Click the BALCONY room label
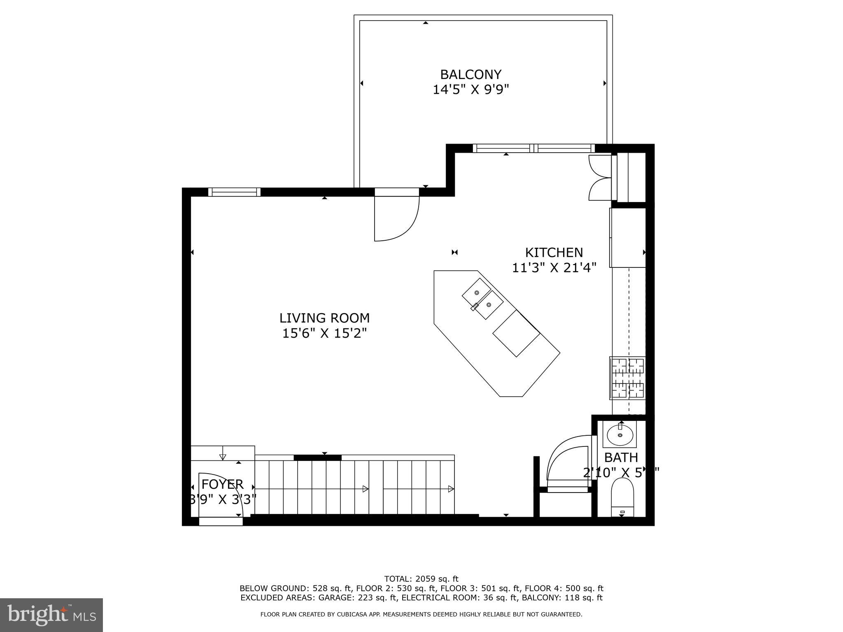tap(471, 74)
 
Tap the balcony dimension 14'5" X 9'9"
tap(471, 90)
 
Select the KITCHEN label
tap(554, 252)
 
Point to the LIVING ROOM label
tap(324, 318)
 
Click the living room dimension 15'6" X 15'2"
tap(324, 333)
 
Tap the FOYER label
tap(222, 484)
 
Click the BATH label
tap(621, 457)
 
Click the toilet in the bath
tap(622, 497)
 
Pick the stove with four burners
tap(627, 378)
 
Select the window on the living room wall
tap(234, 192)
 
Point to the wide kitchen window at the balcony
tap(533, 148)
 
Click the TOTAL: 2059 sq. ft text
tap(421, 579)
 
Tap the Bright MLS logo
tap(51, 615)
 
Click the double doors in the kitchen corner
tap(600, 178)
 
